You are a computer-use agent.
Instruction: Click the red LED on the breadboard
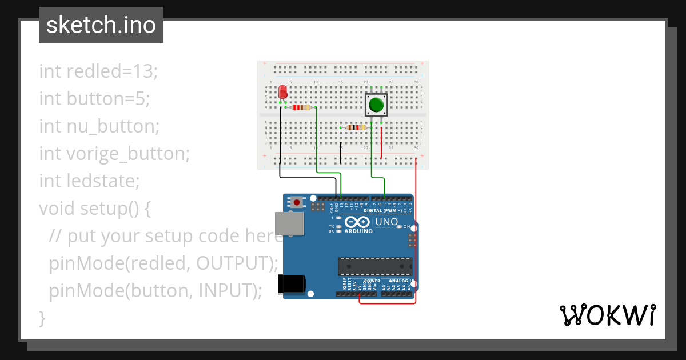pyautogui.click(x=282, y=92)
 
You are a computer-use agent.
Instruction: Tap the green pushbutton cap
pyautogui.click(x=376, y=105)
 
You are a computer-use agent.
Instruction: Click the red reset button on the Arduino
pyautogui.click(x=297, y=202)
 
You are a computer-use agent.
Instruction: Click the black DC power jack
pyautogui.click(x=291, y=285)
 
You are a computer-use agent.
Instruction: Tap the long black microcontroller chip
pyautogui.click(x=374, y=267)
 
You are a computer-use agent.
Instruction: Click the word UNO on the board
pyautogui.click(x=386, y=222)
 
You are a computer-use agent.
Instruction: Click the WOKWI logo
pyautogui.click(x=607, y=315)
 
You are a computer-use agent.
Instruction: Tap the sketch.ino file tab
pyautogui.click(x=101, y=25)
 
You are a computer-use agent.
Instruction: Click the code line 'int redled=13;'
pyautogui.click(x=98, y=71)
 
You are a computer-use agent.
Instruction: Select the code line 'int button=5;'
pyautogui.click(x=94, y=99)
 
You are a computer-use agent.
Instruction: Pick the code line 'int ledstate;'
pyautogui.click(x=89, y=181)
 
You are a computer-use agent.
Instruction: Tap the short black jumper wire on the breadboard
pyautogui.click(x=341, y=153)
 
